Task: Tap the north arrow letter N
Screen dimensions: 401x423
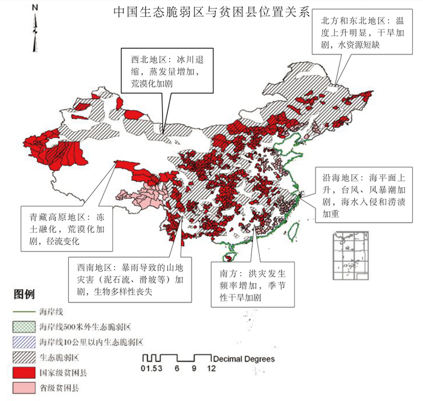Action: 34,8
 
